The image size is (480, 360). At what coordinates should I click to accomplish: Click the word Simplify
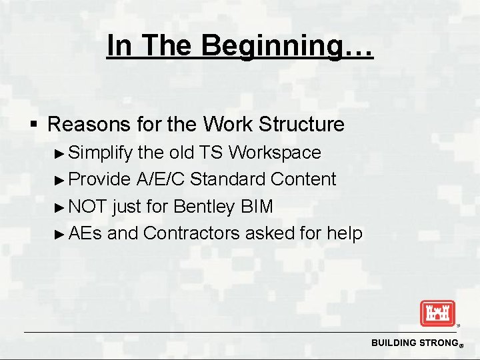[101, 153]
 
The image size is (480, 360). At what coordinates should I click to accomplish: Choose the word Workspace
[275, 153]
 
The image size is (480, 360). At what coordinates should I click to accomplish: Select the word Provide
[100, 179]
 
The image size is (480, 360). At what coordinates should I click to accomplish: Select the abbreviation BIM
[257, 207]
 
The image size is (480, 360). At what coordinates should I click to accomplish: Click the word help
[345, 234]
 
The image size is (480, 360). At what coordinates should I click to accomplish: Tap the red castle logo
[437, 313]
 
